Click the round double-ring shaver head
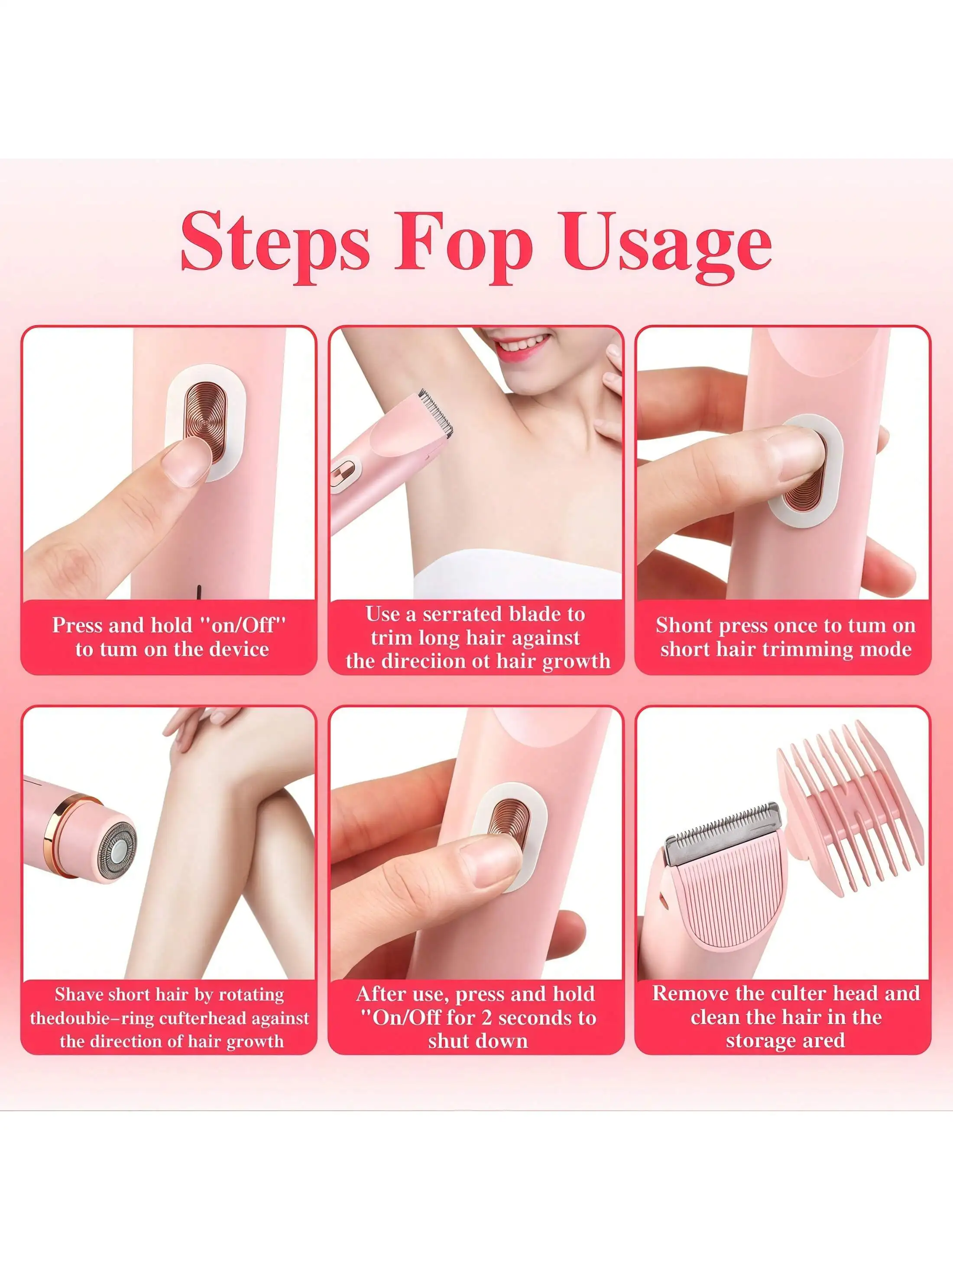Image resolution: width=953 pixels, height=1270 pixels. pos(118,851)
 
